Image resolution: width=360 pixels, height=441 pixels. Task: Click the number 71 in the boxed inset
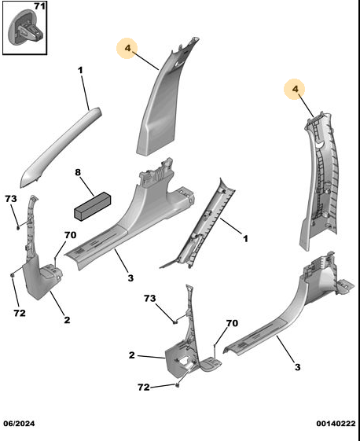tap(39, 6)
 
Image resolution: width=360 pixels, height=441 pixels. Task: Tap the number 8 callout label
tap(78, 172)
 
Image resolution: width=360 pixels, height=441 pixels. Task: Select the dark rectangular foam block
tap(92, 206)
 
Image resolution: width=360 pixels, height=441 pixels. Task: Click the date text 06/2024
tap(19, 424)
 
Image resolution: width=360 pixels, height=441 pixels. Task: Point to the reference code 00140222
tap(336, 424)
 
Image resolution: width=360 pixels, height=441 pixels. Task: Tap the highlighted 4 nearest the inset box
tap(127, 48)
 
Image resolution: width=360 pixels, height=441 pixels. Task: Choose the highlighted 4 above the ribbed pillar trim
tap(295, 89)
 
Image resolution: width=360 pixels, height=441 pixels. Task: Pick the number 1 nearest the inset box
tap(81, 70)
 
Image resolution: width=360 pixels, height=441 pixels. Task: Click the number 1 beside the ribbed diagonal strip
tap(245, 239)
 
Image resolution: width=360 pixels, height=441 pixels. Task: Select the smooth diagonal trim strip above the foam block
tap(61, 148)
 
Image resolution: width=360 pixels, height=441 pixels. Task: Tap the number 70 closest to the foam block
tap(70, 235)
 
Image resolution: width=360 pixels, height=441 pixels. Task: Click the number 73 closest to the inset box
tap(11, 199)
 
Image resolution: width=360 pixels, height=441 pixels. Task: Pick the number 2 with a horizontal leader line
tap(132, 355)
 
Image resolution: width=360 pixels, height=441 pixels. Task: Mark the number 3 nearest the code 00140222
tap(297, 367)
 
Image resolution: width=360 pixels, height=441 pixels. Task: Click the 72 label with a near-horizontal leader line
tap(144, 388)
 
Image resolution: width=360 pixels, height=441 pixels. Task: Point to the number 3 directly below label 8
tap(130, 277)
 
